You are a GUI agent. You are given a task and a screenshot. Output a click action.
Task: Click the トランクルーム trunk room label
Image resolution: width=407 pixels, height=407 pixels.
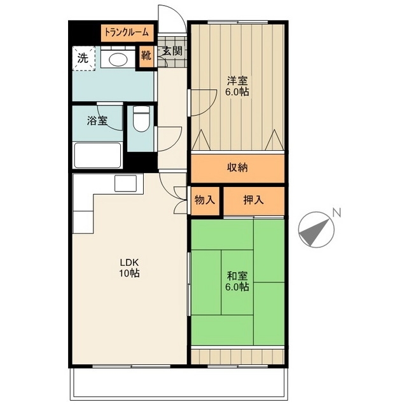coord(127,32)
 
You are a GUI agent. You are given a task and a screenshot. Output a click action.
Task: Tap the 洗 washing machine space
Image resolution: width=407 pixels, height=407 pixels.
coord(83,58)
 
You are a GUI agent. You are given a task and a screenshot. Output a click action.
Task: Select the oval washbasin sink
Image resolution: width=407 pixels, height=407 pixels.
coord(118,60)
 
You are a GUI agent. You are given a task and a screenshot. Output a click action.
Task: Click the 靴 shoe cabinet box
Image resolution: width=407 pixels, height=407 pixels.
coord(146,56)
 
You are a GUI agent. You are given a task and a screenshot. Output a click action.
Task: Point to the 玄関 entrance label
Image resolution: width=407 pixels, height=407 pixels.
coord(172,51)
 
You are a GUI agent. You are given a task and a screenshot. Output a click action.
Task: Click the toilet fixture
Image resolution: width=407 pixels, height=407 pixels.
coord(141,119)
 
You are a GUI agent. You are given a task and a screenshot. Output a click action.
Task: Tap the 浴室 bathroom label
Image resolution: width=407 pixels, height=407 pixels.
coord(97,120)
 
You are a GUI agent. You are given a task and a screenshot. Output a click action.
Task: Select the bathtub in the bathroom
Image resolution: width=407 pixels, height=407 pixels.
coord(97,155)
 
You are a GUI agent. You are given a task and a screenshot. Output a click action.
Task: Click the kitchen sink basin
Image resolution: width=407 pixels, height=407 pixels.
coord(126,183)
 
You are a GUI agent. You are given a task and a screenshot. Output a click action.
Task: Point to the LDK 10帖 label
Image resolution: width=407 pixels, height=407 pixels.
coord(130,268)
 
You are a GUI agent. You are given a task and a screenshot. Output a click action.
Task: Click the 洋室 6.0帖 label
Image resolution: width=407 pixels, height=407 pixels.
coord(237,86)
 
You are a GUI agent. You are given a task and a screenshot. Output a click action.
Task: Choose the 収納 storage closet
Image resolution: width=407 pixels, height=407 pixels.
coord(238,169)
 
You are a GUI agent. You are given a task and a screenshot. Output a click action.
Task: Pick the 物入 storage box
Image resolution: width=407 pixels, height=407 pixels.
coord(205,200)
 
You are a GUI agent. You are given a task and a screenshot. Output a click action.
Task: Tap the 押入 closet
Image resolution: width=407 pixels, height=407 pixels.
coord(254,200)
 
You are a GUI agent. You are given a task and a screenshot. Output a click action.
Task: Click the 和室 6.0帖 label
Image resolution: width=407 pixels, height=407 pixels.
coord(237,281)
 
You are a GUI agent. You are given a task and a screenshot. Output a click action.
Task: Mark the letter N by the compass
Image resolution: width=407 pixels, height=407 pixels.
coord(336,212)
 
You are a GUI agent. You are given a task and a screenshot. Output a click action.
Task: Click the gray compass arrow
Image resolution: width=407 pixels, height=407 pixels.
coord(315,232)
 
